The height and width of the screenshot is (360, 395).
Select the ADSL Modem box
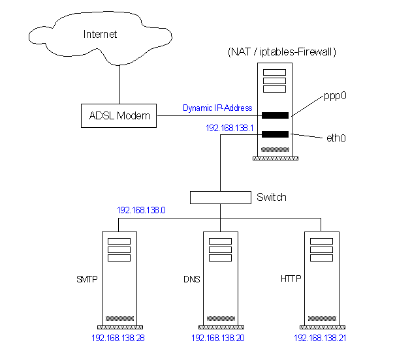coord(119,116)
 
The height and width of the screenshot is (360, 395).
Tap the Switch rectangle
coord(220,197)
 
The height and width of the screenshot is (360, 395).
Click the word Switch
coord(272,197)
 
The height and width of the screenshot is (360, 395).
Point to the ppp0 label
coord(335,95)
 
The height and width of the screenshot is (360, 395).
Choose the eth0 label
coord(336,138)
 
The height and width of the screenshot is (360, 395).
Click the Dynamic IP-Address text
coord(217,108)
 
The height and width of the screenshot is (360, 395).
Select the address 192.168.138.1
coord(229,128)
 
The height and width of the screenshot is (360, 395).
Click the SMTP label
coord(87,280)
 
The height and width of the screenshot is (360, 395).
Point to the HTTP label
coord(291,280)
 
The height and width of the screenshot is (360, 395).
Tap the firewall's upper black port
coord(275,115)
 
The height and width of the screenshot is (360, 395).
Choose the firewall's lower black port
coord(275,135)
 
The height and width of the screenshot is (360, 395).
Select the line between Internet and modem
coord(119,83)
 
